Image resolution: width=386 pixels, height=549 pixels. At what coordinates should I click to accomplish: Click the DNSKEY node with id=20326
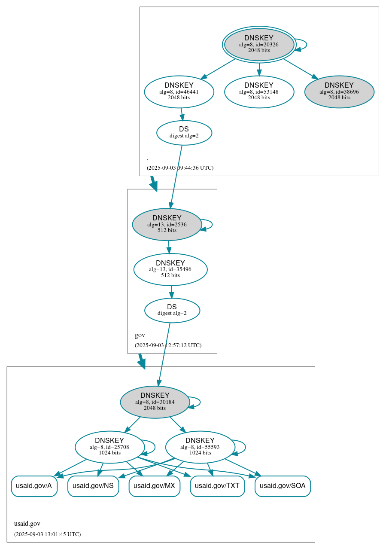[x=259, y=44]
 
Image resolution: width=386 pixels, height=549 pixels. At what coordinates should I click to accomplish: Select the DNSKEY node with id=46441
[x=179, y=91]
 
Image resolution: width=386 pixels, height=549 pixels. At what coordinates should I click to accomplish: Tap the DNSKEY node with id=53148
[x=259, y=91]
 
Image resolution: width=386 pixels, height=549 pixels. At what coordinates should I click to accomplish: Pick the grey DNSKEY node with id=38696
[x=339, y=91]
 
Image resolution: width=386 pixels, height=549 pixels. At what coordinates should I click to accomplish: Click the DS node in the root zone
[x=184, y=132]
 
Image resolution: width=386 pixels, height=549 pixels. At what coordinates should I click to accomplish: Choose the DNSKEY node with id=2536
[x=167, y=224]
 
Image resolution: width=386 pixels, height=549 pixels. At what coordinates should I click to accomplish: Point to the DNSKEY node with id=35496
[x=170, y=269]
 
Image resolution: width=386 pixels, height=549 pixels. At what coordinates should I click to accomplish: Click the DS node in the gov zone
[x=172, y=310]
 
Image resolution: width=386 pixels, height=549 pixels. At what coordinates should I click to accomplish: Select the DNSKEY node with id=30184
[x=155, y=402]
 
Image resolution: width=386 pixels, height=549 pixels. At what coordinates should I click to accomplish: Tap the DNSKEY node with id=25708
[x=109, y=447]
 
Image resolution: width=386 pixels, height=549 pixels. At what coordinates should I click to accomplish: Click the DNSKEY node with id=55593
[x=200, y=447]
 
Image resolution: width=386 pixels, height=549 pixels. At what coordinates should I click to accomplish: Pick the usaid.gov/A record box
[x=34, y=486]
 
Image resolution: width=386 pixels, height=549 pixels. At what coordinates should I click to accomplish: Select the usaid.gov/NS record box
[x=93, y=486]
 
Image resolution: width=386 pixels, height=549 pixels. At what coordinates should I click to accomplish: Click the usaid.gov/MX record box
[x=154, y=486]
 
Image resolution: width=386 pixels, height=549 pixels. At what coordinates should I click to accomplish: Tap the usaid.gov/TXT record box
[x=217, y=486]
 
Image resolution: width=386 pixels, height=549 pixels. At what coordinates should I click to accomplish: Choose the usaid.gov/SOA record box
[x=283, y=486]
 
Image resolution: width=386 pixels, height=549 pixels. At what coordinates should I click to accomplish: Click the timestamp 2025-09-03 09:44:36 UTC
[x=180, y=168]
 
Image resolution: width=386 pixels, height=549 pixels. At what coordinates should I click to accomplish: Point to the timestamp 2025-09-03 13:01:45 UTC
[x=47, y=534]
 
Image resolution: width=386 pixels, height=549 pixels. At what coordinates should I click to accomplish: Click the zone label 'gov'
[x=140, y=335]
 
